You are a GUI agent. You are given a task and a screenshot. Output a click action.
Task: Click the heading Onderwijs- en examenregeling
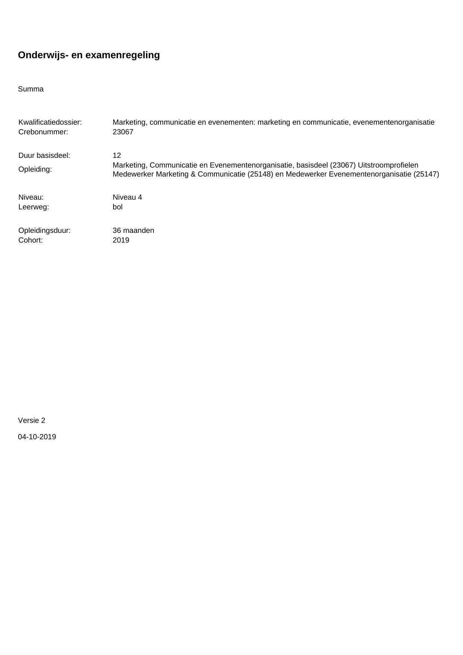(89, 55)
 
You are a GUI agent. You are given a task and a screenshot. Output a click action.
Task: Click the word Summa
(31, 89)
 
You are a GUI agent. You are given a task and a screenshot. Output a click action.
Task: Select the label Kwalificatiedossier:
(50, 122)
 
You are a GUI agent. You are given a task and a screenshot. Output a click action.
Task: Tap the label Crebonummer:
(43, 132)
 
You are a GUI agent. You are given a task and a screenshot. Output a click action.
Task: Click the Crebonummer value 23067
(123, 132)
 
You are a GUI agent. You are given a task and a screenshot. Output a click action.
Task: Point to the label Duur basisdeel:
(44, 156)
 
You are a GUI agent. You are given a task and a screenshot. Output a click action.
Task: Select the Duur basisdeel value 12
(117, 156)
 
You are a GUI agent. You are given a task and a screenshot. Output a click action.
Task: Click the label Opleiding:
(35, 169)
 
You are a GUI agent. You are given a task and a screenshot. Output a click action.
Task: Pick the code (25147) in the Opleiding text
(426, 174)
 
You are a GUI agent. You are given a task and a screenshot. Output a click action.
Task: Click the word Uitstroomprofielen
(388, 165)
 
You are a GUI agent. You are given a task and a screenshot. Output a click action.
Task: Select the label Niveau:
(31, 197)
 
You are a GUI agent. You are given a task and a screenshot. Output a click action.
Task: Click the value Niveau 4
(127, 197)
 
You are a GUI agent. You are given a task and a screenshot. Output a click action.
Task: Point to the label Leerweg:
(34, 207)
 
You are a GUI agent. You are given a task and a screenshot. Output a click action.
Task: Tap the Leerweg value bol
(118, 207)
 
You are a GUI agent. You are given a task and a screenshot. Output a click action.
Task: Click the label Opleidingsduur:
(44, 231)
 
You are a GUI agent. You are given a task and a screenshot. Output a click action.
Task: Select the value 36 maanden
(133, 231)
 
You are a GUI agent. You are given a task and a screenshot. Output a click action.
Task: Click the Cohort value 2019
(121, 240)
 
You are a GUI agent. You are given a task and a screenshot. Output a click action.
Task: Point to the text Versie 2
(32, 421)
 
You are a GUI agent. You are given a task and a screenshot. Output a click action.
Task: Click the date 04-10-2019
(37, 437)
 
